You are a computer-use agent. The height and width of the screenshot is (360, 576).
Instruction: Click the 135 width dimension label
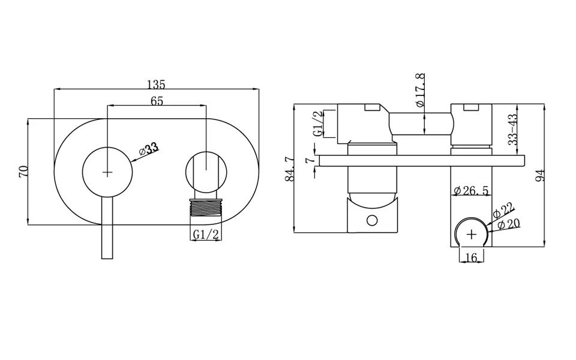[156, 85]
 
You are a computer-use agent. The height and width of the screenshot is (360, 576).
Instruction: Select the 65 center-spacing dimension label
[157, 101]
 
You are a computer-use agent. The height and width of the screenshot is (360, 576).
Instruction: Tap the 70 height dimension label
[23, 172]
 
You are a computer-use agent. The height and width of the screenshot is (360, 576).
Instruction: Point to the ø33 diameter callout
[149, 149]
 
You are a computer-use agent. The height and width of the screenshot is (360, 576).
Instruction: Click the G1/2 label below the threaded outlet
[206, 235]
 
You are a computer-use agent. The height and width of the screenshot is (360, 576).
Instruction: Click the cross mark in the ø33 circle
[107, 172]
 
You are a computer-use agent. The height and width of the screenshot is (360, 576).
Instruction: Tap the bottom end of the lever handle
[107, 258]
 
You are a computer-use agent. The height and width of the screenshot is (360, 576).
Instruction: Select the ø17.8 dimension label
[420, 90]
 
